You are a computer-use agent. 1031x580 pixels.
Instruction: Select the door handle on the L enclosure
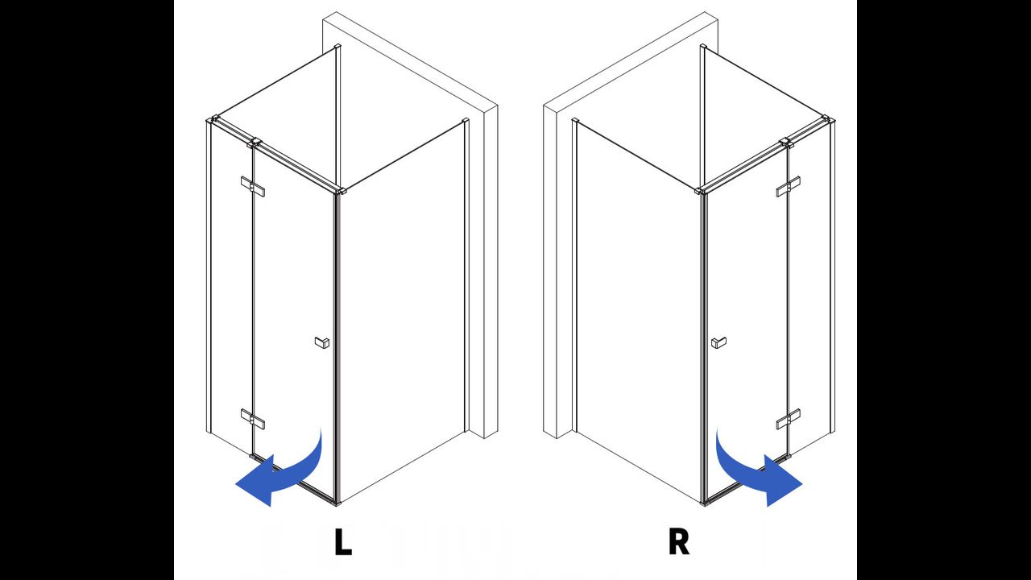322,342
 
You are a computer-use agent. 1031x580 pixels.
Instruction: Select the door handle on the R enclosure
718,342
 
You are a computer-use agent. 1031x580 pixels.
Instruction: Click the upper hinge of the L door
253,186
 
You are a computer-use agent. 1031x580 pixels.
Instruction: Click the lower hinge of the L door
253,418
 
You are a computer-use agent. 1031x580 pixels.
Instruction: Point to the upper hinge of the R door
788,186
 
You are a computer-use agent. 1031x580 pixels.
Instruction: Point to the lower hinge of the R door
788,418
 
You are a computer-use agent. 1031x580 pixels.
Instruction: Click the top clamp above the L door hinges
254,143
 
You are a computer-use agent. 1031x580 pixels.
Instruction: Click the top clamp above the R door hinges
787,143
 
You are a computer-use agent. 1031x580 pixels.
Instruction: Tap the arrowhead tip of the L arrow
236,484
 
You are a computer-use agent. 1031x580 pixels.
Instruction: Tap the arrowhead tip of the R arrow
802,484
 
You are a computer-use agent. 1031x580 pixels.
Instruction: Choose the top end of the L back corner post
337,47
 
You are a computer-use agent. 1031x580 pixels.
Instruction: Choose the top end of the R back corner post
703,47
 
